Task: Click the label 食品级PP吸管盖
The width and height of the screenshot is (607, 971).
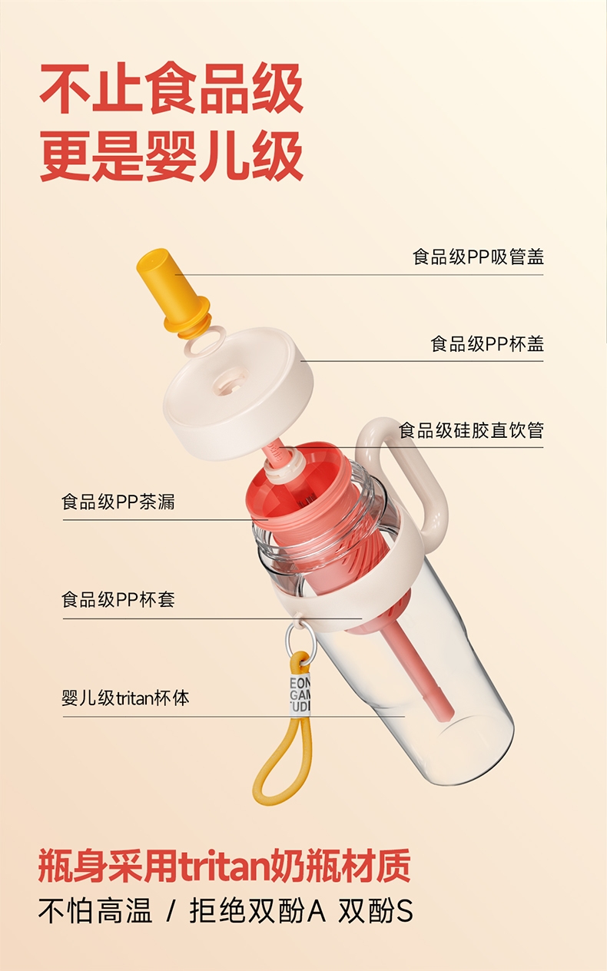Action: (x=478, y=257)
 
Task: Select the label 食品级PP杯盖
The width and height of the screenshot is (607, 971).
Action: (x=487, y=343)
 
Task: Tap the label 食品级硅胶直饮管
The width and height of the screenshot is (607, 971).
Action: (x=471, y=430)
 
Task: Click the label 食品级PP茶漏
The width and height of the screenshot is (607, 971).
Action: (x=118, y=502)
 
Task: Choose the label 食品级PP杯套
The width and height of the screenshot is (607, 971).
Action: (x=118, y=600)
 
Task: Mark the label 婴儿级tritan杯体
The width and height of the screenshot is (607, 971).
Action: (x=126, y=698)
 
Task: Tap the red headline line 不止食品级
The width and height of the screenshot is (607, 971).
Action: (x=171, y=89)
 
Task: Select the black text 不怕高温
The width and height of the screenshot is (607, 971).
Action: (x=95, y=910)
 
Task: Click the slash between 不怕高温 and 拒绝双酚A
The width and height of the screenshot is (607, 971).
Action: (x=171, y=911)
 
